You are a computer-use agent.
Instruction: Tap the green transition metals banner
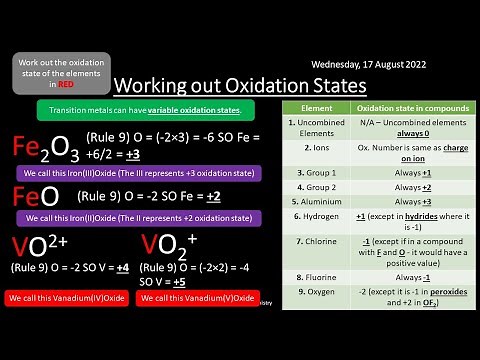coord(145,107)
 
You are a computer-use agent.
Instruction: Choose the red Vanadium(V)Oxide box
coord(204,299)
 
